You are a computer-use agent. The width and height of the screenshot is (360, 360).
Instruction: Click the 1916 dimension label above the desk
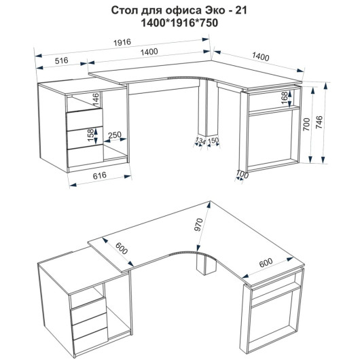click(x=122, y=43)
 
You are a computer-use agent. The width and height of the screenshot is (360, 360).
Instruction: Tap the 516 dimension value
click(x=62, y=60)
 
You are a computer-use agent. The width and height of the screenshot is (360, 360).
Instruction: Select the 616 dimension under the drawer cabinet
click(x=100, y=176)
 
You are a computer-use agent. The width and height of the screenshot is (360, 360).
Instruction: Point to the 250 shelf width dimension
click(x=115, y=135)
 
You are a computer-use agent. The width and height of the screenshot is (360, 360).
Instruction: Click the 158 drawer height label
click(x=91, y=135)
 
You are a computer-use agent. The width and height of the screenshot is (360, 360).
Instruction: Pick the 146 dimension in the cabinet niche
click(x=96, y=99)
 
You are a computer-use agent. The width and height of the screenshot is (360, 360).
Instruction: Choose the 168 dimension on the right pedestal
click(x=285, y=98)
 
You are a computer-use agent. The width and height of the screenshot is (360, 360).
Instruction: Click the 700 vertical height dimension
click(x=306, y=124)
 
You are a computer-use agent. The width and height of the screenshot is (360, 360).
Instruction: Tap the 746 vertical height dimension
click(x=319, y=122)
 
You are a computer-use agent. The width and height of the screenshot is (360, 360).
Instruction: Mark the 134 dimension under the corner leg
click(x=200, y=141)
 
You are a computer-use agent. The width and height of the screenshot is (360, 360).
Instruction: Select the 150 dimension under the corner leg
click(x=213, y=140)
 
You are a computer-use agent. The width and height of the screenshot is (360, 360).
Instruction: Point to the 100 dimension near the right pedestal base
click(x=242, y=175)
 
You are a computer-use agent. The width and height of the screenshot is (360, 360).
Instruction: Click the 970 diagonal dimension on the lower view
click(x=198, y=225)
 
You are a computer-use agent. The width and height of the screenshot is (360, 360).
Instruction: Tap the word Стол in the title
click(x=124, y=11)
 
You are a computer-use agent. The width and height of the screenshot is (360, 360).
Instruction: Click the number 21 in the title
click(x=241, y=11)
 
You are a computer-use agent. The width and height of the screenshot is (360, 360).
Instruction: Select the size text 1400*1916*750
click(x=179, y=23)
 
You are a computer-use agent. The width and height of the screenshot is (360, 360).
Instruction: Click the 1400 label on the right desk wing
click(x=261, y=56)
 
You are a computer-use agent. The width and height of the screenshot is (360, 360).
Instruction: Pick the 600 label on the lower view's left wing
click(x=121, y=249)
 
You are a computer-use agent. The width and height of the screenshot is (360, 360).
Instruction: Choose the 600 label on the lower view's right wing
click(x=266, y=263)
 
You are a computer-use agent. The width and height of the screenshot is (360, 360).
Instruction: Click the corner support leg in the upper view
click(x=209, y=107)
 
